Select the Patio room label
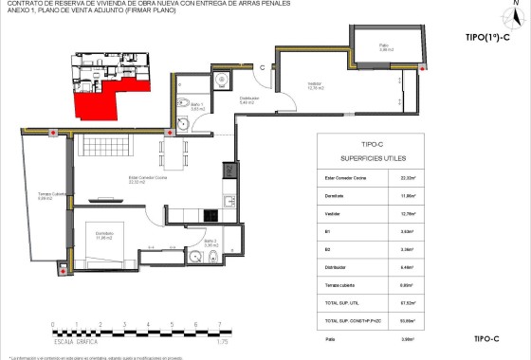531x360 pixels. [x=384, y=45]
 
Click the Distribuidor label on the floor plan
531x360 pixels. [x=249, y=99]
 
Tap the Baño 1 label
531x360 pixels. [x=197, y=108]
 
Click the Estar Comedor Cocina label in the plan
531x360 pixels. [x=150, y=179]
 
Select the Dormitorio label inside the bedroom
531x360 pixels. [x=103, y=234]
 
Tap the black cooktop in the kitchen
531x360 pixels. [x=229, y=171]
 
